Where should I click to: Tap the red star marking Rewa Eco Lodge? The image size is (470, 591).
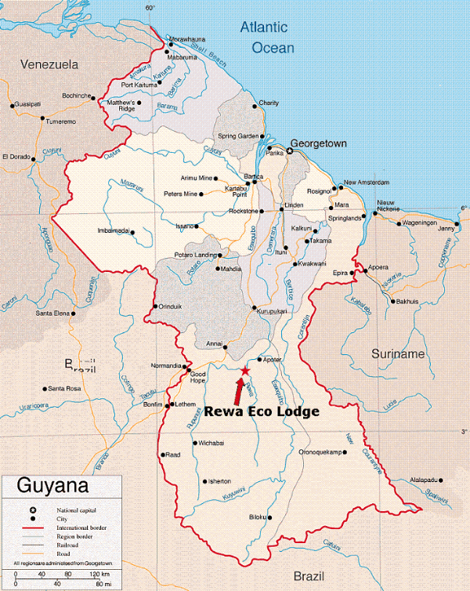pyautogui.click(x=244, y=370)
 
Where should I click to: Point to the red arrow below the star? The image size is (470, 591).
pyautogui.click(x=238, y=390)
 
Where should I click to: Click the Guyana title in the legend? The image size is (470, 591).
pyautogui.click(x=48, y=487)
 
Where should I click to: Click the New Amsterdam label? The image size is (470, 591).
pyautogui.click(x=367, y=183)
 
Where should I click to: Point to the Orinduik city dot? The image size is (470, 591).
pyautogui.click(x=157, y=306)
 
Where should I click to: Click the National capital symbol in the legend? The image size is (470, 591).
pyautogui.click(x=33, y=509)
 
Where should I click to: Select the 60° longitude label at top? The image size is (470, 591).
pyautogui.click(x=151, y=8)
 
